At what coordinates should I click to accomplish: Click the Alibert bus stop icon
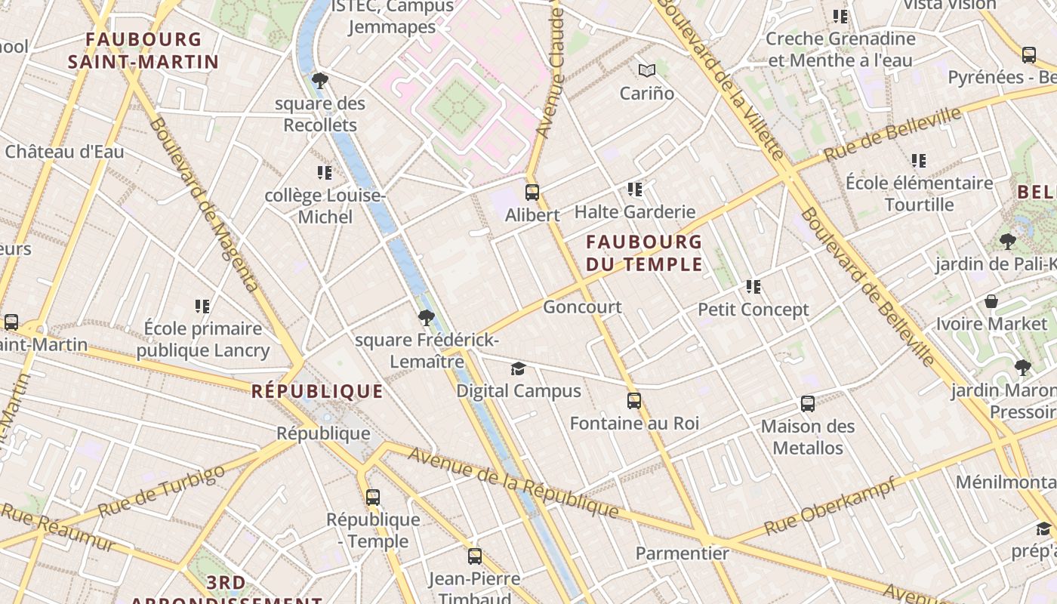[532, 192]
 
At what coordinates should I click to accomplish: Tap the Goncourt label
[582, 307]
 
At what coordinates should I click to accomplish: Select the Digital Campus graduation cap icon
[518, 368]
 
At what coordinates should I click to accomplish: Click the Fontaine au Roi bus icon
[634, 401]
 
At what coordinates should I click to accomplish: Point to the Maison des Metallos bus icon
[808, 404]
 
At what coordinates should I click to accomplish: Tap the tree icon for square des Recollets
[320, 80]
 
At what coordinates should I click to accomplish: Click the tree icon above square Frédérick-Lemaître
[427, 318]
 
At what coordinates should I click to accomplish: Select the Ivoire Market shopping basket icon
[991, 302]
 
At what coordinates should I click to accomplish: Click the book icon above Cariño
[646, 71]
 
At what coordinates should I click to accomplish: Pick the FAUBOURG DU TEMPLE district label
[644, 253]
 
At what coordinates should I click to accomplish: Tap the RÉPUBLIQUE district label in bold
[317, 391]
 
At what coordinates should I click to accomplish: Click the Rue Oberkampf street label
[830, 506]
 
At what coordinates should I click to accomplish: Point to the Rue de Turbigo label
[162, 491]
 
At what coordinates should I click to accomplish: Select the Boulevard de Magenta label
[204, 204]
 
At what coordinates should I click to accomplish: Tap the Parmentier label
[682, 553]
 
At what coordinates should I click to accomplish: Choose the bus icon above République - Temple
[373, 498]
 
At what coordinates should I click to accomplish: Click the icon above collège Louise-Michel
[325, 173]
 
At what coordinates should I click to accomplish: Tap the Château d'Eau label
[64, 151]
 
